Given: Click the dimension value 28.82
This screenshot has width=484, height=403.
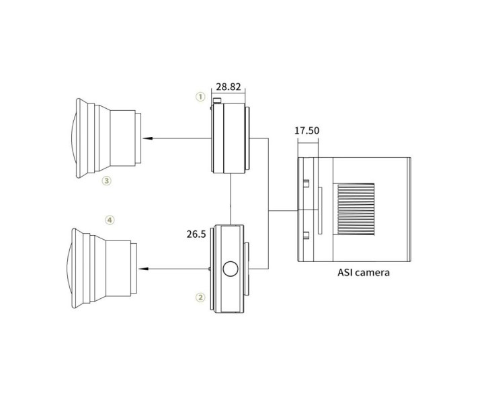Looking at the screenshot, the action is pyautogui.click(x=228, y=87).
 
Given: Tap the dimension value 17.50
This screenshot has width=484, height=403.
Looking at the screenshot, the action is pyautogui.click(x=307, y=130).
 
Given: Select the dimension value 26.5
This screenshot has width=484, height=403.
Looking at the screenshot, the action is pyautogui.click(x=196, y=234).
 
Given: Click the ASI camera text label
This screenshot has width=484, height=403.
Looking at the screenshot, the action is pyautogui.click(x=363, y=273).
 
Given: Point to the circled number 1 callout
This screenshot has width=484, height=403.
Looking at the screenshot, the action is pyautogui.click(x=200, y=97).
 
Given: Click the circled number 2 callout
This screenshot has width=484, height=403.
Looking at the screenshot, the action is pyautogui.click(x=200, y=298).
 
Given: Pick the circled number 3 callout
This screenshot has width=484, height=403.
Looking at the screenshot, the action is pyautogui.click(x=106, y=181).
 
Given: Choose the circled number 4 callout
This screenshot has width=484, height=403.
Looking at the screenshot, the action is pyautogui.click(x=110, y=220).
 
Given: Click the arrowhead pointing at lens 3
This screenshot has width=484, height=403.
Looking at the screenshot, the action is pyautogui.click(x=147, y=138).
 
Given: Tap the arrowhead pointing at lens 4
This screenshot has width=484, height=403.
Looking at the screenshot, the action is pyautogui.click(x=143, y=269).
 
